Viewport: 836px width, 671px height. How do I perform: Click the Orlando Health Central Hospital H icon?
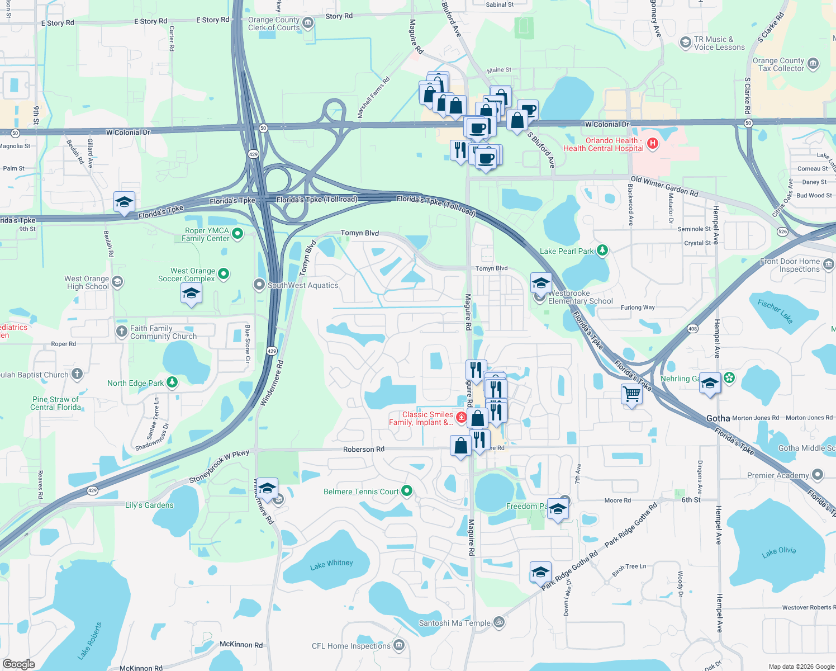[652, 144]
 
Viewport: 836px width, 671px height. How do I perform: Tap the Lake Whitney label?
[331, 564]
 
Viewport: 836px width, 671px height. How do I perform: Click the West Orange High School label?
[87, 282]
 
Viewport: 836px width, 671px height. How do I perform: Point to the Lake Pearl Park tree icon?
[602, 251]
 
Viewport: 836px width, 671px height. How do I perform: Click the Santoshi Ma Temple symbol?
[499, 622]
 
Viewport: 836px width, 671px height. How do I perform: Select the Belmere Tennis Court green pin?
[407, 492]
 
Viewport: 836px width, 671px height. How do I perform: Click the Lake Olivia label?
[778, 552]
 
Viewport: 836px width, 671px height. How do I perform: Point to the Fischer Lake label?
[775, 311]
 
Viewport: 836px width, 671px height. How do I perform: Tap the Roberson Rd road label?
[364, 449]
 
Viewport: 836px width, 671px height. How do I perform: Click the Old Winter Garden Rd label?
[664, 186]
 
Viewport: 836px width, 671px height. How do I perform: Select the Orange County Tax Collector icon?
[813, 64]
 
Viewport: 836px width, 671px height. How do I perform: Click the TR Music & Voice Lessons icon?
[685, 43]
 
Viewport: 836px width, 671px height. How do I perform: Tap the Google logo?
[19, 664]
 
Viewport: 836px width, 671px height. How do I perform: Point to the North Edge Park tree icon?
[172, 382]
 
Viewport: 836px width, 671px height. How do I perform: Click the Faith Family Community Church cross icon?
[121, 332]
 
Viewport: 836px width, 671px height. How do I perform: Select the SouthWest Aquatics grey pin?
[259, 285]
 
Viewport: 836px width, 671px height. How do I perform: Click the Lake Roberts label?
[90, 640]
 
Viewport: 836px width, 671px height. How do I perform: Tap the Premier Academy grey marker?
[818, 475]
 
